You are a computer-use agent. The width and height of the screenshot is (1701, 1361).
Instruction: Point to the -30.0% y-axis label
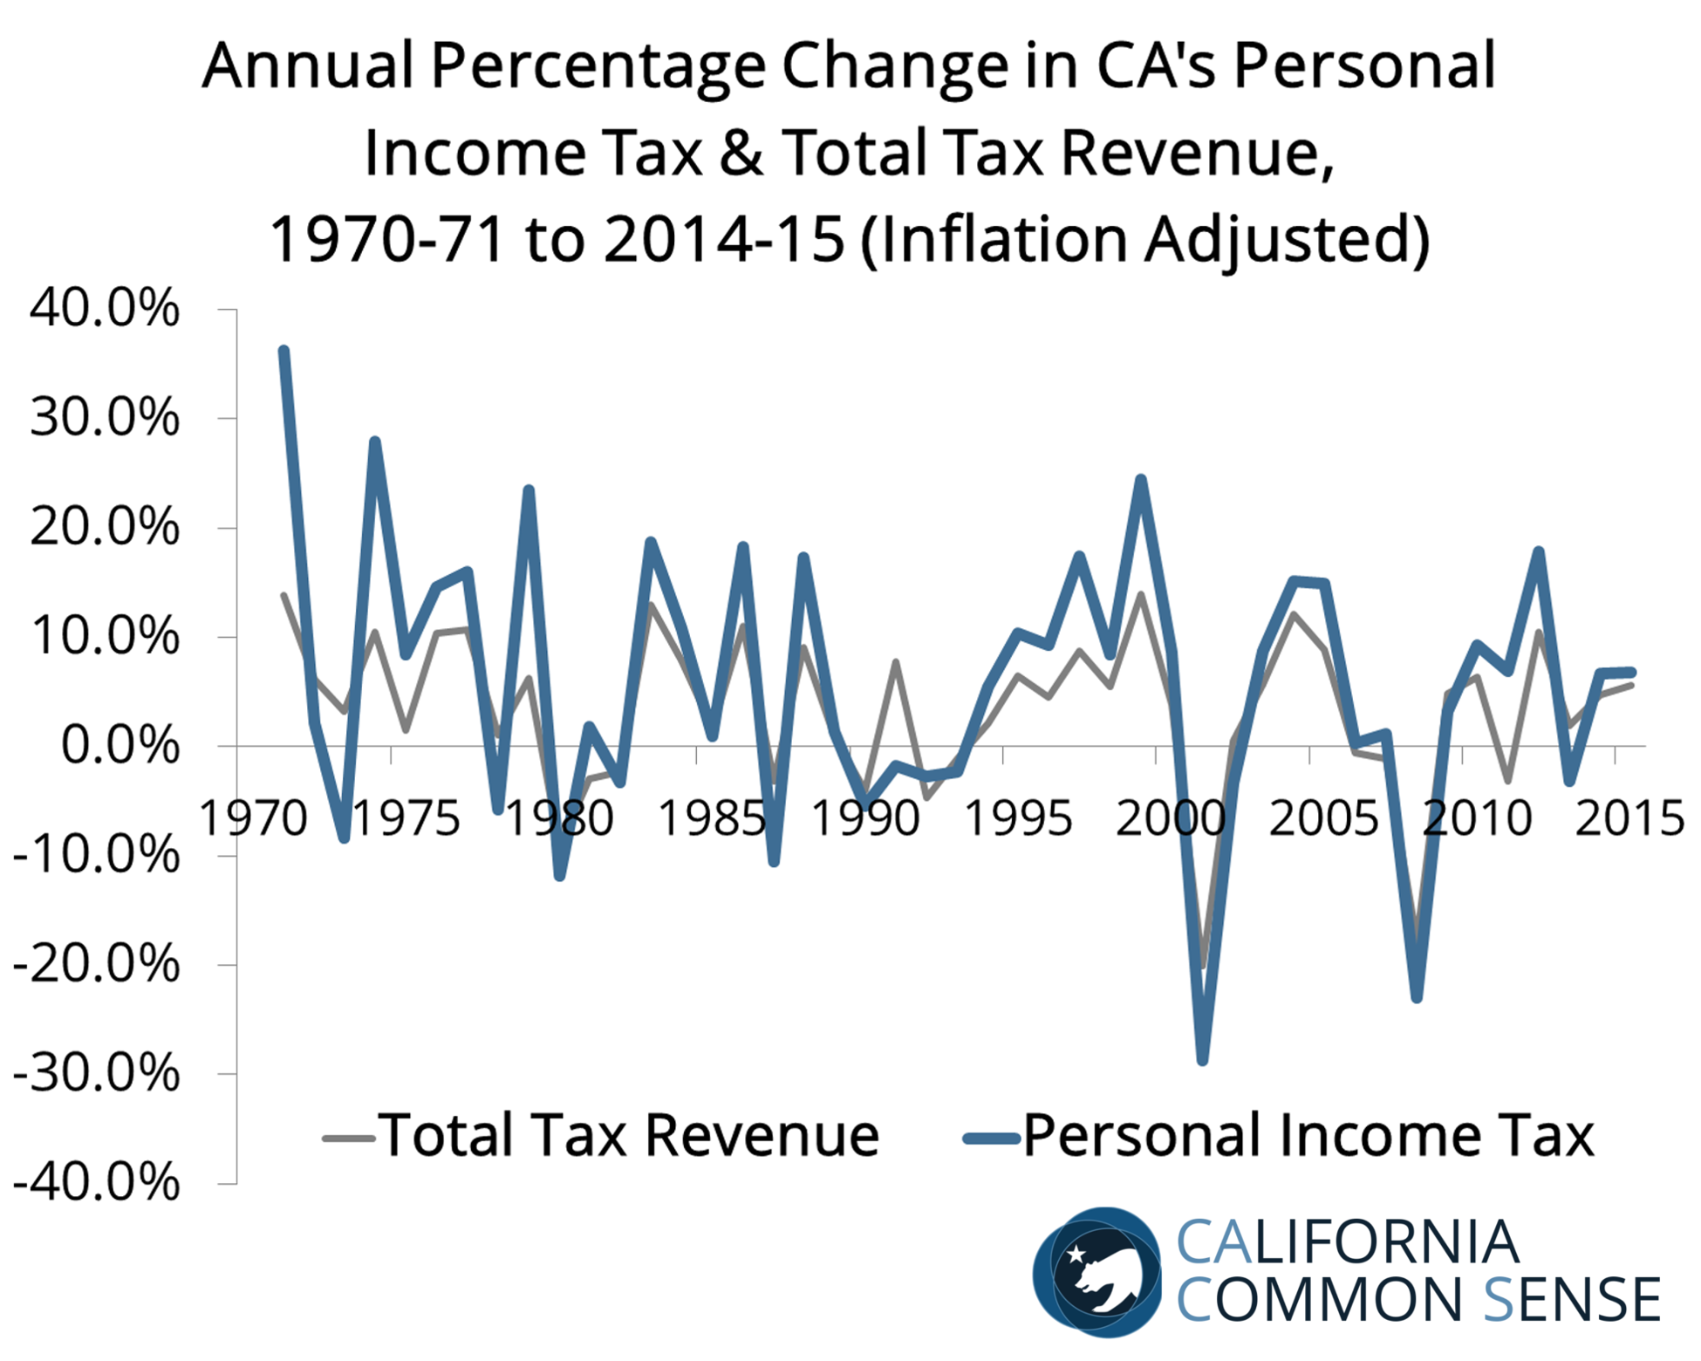pyautogui.click(x=96, y=1074)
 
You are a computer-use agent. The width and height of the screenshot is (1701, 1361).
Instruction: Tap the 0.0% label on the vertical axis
pyautogui.click(x=120, y=747)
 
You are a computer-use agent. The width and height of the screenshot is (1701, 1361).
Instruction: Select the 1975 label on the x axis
pyautogui.click(x=406, y=819)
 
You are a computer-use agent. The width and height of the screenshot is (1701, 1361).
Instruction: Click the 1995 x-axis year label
pyautogui.click(x=1018, y=819)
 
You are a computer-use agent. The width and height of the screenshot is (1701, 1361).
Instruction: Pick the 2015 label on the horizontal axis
pyautogui.click(x=1629, y=819)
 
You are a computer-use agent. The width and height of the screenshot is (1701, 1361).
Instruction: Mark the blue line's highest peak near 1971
pyautogui.click(x=283, y=351)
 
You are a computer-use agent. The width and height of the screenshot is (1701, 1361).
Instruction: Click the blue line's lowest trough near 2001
pyautogui.click(x=1203, y=1060)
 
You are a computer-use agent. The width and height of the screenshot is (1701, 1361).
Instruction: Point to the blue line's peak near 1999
pyautogui.click(x=1140, y=479)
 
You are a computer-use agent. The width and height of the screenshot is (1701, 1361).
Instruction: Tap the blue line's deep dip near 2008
pyautogui.click(x=1417, y=997)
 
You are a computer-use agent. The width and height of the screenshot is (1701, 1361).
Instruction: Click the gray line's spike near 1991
pyautogui.click(x=896, y=663)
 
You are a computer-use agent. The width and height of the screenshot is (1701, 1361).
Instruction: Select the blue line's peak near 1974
pyautogui.click(x=375, y=441)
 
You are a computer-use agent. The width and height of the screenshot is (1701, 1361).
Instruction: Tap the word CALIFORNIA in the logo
pyautogui.click(x=1347, y=1241)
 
